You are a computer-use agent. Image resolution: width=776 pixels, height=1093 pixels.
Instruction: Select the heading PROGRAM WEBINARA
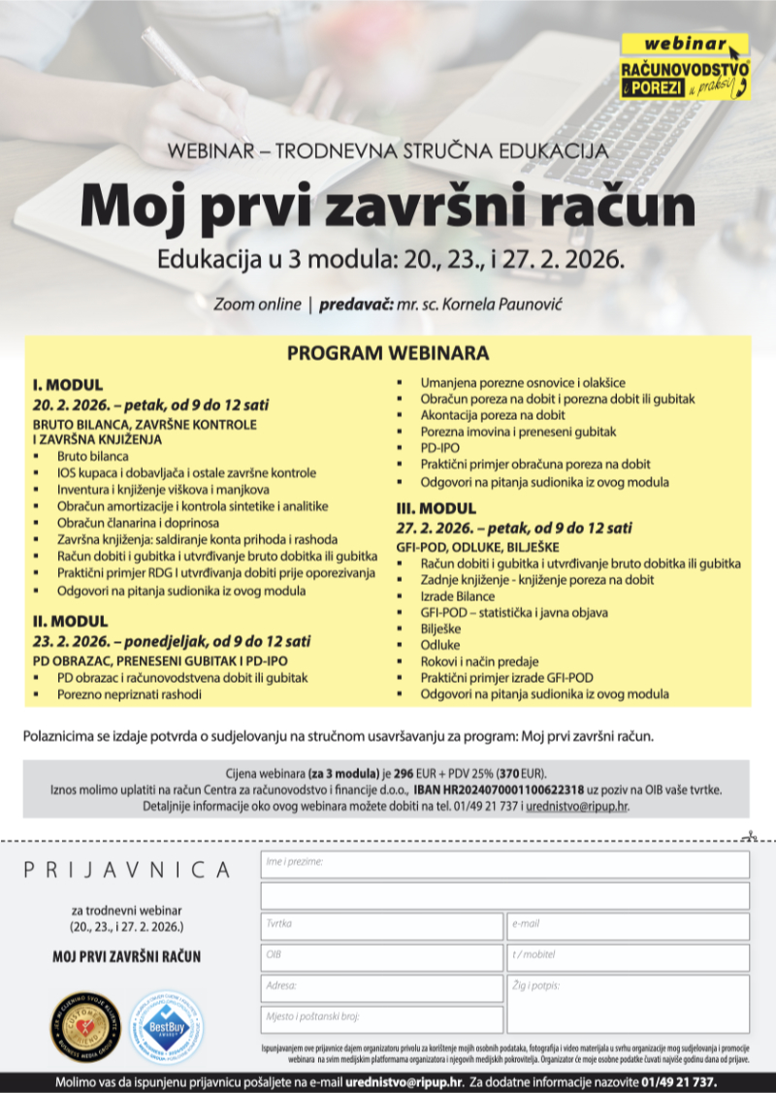[388, 353]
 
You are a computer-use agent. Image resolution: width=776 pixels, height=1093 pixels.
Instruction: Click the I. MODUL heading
[68, 385]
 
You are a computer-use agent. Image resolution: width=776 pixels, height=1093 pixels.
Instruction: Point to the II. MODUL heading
[70, 621]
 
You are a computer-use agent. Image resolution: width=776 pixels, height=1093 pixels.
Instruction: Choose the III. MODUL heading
[436, 508]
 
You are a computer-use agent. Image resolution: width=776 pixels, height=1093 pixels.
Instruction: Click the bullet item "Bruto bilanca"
[93, 456]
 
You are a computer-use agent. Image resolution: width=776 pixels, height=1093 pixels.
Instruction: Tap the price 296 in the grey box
[404, 773]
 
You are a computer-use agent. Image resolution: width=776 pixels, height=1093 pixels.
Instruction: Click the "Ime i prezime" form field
[504, 864]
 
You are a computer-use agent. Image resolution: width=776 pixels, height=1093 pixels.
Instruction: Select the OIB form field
[381, 958]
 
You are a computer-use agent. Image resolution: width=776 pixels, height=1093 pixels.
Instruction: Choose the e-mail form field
[628, 926]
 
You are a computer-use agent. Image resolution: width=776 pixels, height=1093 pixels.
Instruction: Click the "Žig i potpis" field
[628, 1004]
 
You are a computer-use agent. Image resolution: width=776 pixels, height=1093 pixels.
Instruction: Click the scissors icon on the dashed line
[747, 835]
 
